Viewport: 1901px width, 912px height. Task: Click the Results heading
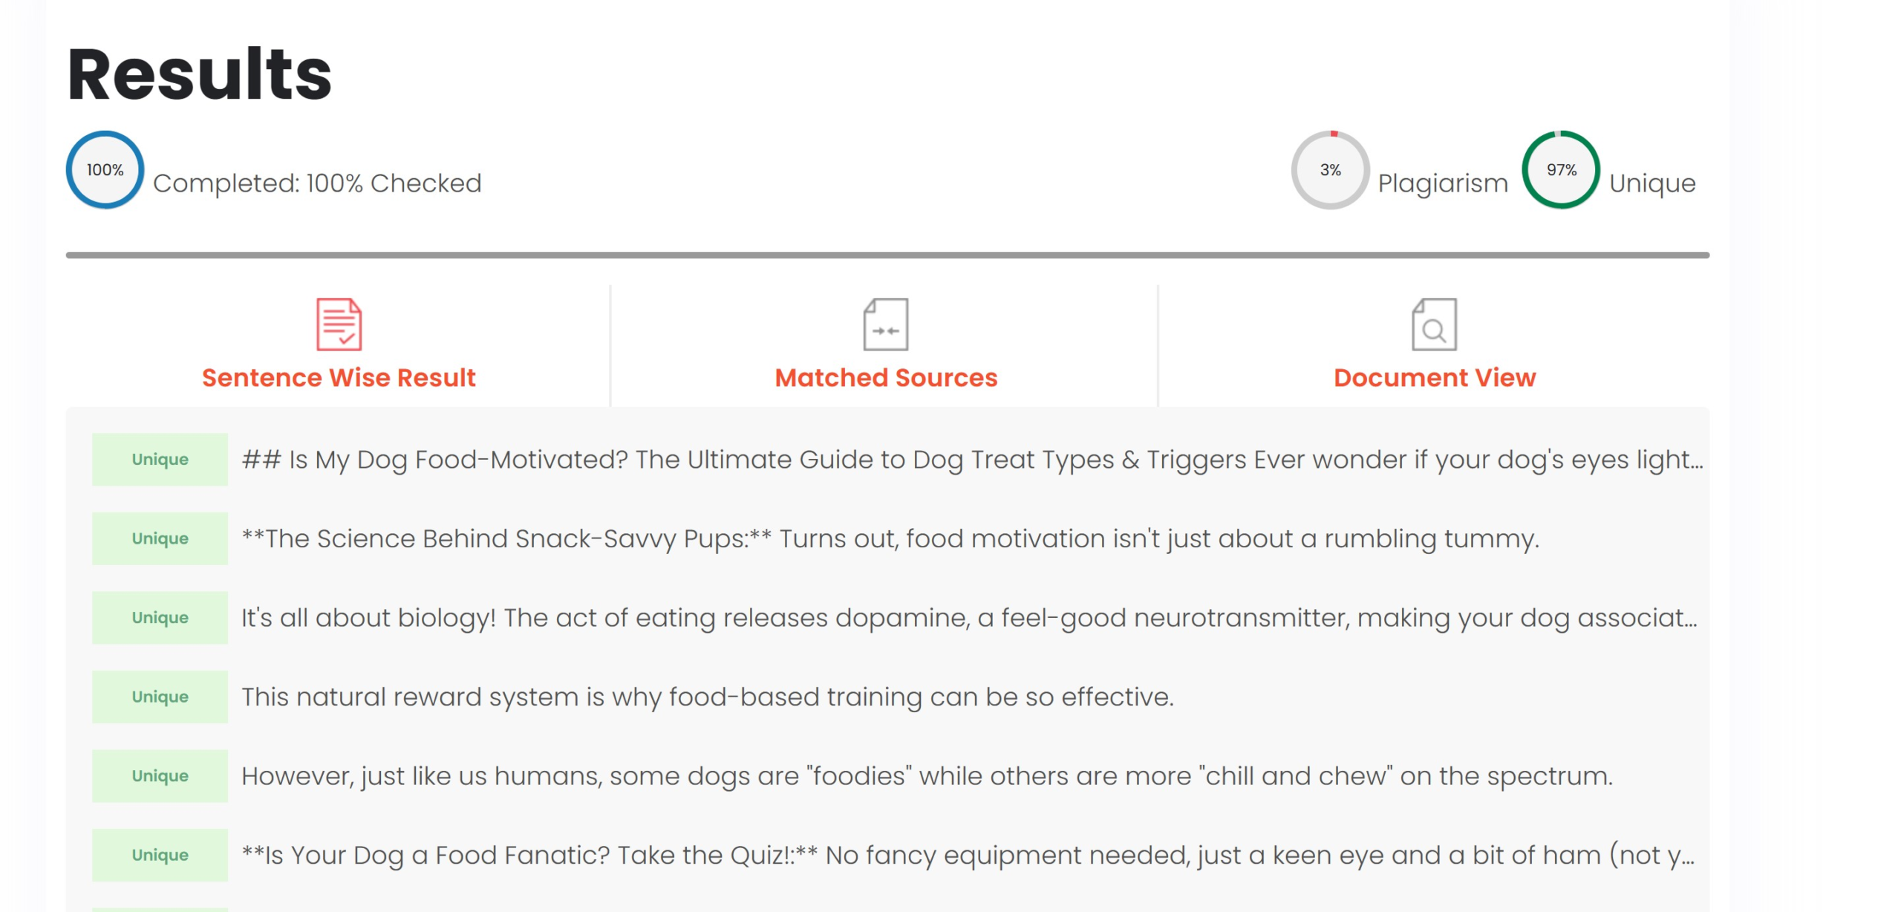coord(200,74)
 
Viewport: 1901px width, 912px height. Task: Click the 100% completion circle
coord(105,134)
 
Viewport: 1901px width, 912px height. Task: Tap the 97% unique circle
coord(1561,134)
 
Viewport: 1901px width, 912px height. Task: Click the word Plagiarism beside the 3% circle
coord(1443,183)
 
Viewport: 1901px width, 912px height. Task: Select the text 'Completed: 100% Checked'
coord(317,183)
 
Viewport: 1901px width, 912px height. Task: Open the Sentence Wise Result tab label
coord(339,377)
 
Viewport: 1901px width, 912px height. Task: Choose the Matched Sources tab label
coord(886,377)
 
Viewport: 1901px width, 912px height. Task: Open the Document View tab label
coord(1435,377)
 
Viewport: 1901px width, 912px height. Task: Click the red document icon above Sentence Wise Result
coord(339,325)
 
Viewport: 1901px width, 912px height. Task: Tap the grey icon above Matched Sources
coord(886,325)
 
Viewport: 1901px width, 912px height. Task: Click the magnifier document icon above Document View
coord(1434,325)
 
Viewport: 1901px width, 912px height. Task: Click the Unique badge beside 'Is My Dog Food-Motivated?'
coord(160,460)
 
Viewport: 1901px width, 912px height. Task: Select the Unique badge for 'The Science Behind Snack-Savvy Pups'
coord(160,538)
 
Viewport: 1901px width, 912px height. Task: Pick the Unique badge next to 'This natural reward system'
coord(160,697)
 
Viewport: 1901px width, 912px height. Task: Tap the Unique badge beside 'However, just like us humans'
coord(160,776)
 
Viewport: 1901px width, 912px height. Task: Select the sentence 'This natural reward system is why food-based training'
coord(708,697)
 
